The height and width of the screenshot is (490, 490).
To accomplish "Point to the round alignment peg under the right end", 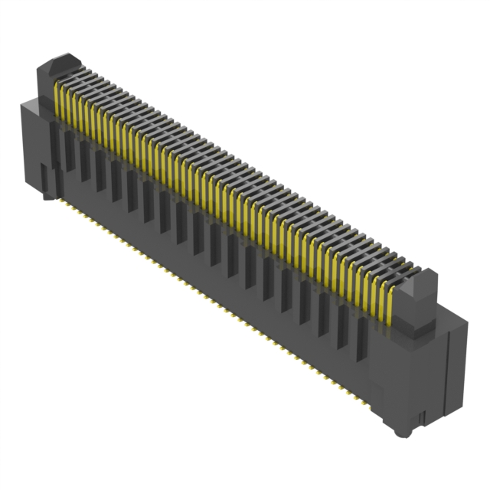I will click(401, 431).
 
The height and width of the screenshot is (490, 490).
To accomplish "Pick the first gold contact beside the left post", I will click(59, 100).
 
